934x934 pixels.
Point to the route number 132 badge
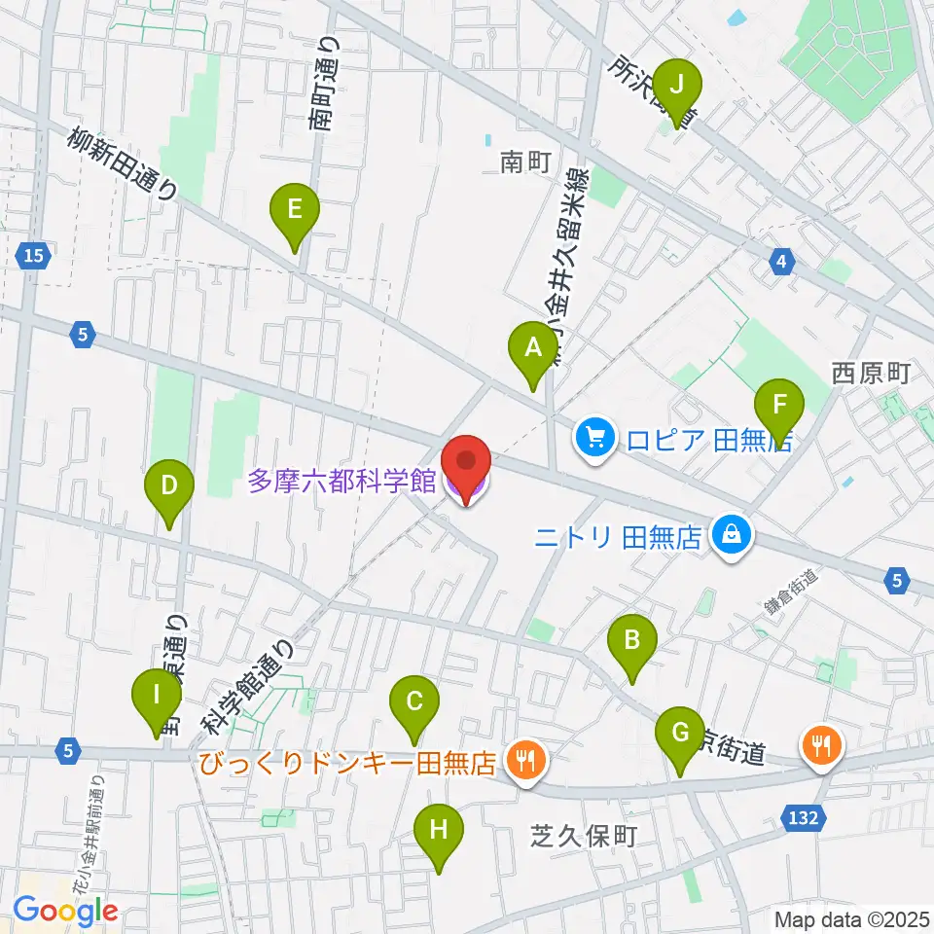click(x=803, y=819)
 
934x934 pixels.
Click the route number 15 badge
click(x=34, y=256)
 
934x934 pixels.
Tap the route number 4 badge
click(x=781, y=261)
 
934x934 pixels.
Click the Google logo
click(x=66, y=911)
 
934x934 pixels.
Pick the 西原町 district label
click(x=869, y=373)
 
